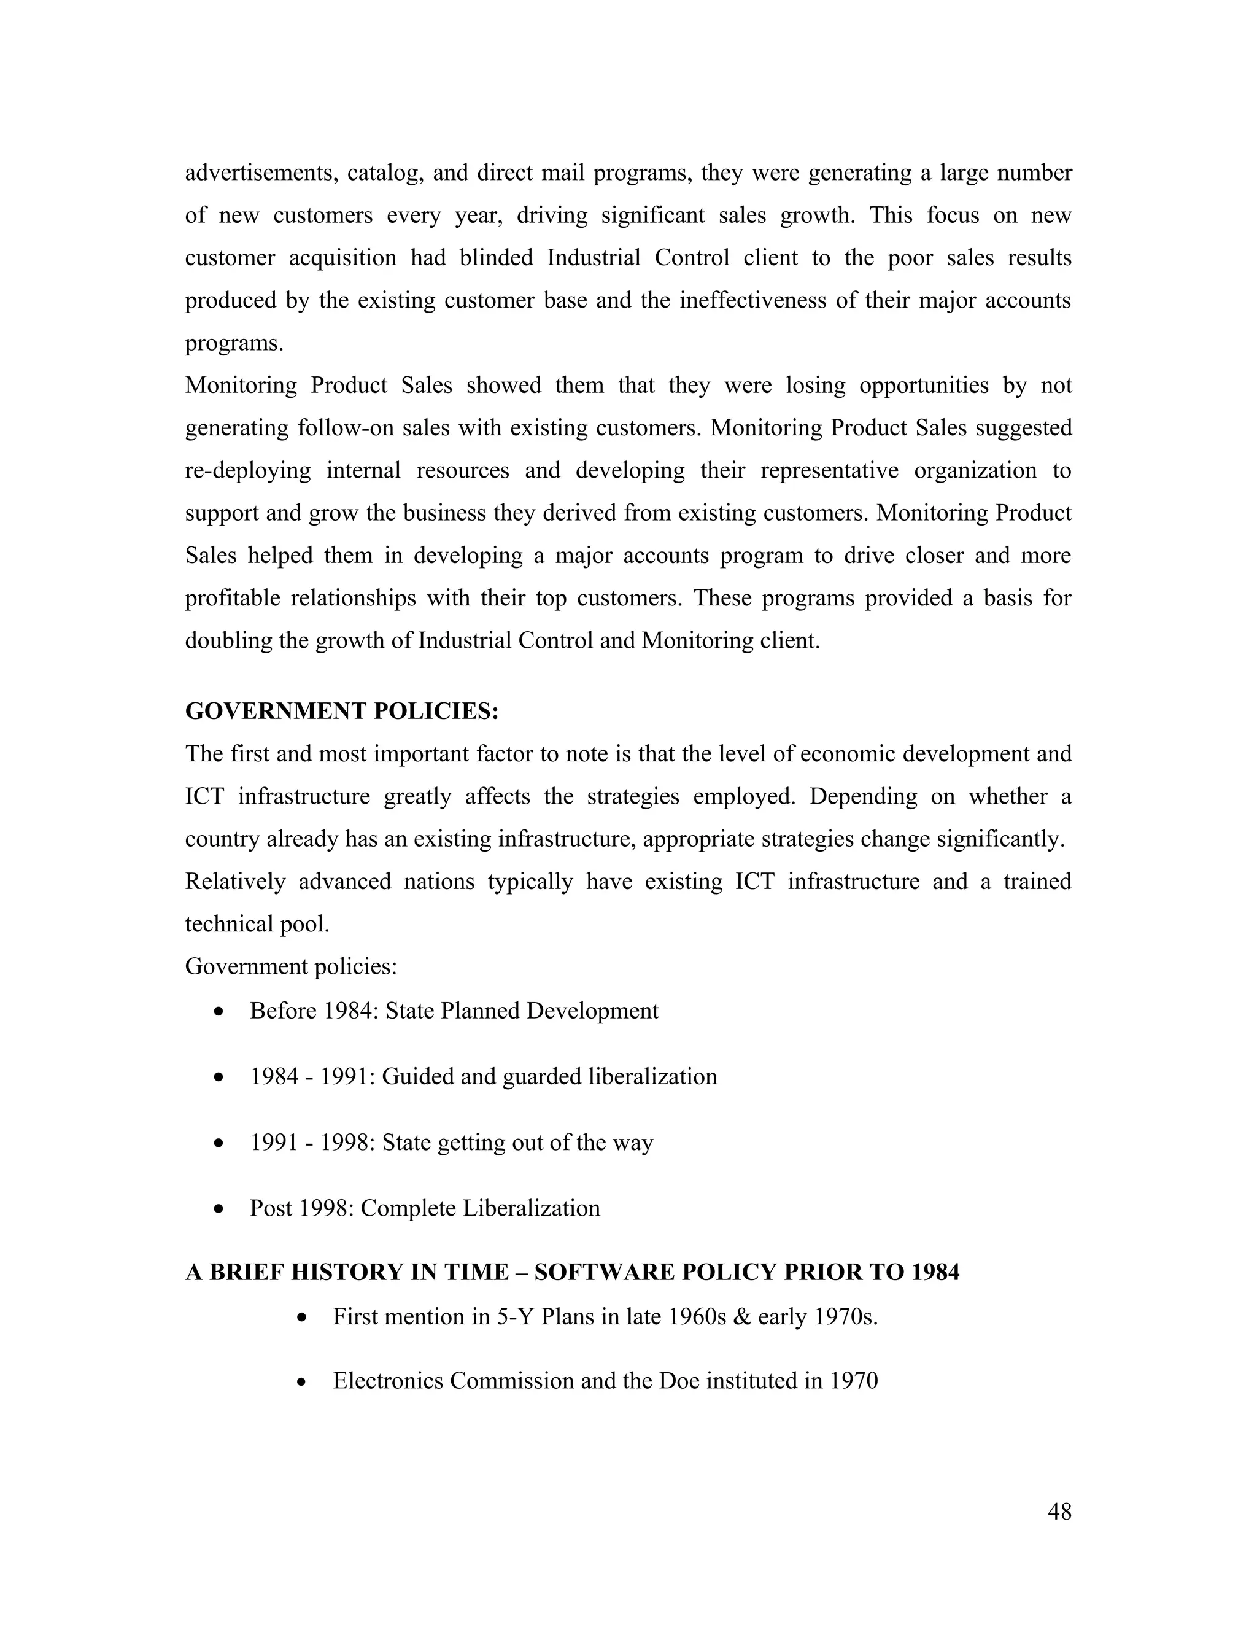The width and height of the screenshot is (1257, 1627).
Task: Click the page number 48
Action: point(1059,1512)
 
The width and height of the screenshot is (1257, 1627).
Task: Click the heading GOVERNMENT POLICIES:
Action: point(342,712)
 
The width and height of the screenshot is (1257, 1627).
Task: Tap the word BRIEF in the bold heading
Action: point(247,1272)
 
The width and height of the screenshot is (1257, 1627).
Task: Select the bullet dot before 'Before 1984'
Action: point(218,1012)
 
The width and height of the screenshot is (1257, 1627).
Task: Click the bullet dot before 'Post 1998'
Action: point(218,1209)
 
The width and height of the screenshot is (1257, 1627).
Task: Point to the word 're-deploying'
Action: point(248,471)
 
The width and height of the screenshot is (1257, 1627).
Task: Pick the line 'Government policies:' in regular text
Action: point(291,966)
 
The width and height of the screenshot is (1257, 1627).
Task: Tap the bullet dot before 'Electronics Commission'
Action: point(301,1383)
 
